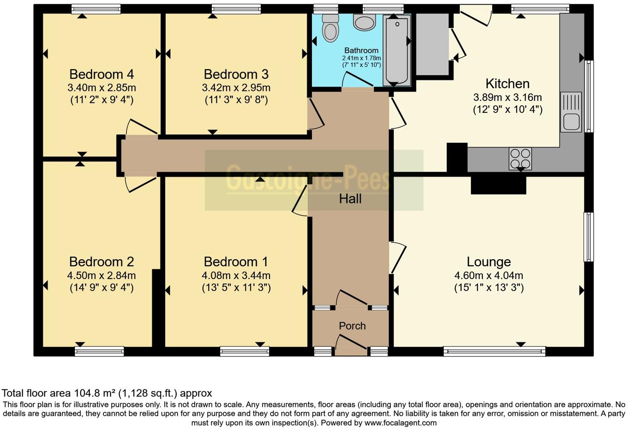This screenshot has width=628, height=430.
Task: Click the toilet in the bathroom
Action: click(330, 29)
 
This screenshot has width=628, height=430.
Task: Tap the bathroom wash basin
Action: click(364, 22)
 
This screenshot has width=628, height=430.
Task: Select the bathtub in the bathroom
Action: click(397, 50)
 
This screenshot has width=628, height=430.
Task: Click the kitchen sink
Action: click(571, 112)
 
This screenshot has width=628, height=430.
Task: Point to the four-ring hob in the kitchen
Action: click(520, 158)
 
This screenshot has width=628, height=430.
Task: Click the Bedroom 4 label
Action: click(102, 74)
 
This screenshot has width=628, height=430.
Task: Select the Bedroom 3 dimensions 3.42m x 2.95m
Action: click(236, 88)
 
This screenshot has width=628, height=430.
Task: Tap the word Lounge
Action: click(489, 262)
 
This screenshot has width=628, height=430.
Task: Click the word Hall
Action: click(350, 199)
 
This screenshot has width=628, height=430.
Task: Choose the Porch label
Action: click(352, 326)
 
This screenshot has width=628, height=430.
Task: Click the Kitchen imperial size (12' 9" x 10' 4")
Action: click(507, 110)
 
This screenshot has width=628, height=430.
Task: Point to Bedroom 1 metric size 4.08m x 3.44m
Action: click(236, 275)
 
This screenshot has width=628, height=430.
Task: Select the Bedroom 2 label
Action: click(102, 262)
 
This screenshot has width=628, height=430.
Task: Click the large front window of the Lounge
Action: click(495, 352)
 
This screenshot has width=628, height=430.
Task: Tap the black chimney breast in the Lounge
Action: click(498, 185)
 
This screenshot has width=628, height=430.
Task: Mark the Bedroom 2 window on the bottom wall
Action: click(99, 351)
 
